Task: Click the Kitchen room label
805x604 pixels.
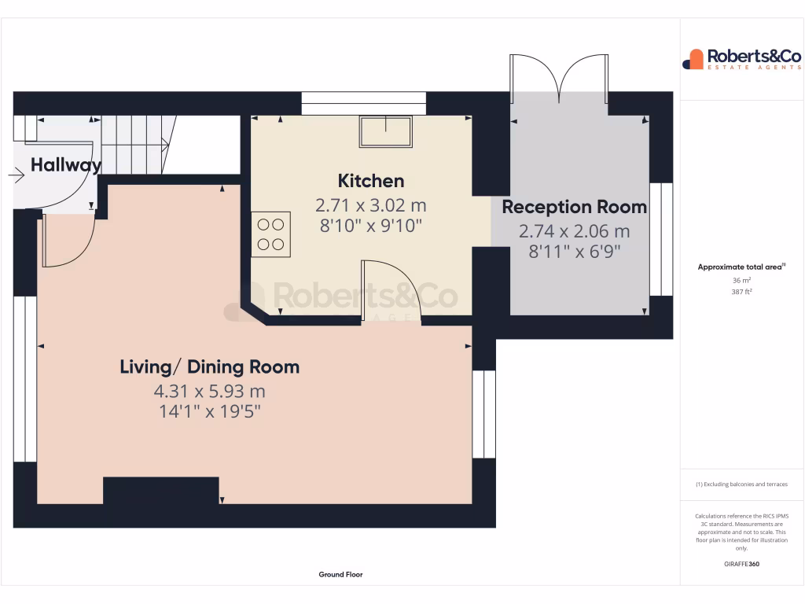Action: click(370, 181)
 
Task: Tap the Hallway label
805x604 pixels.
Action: click(66, 165)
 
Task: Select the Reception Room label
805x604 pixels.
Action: click(574, 208)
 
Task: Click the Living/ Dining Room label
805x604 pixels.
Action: click(209, 366)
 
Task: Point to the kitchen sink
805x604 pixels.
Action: click(386, 131)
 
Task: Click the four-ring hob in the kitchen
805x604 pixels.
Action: click(270, 234)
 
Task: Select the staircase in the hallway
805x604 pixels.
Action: click(135, 145)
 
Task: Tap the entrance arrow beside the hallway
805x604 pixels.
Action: click(17, 175)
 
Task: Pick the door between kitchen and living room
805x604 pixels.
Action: click(391, 291)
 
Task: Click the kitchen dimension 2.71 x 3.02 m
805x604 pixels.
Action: click(370, 206)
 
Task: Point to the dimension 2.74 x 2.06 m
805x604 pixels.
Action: click(574, 232)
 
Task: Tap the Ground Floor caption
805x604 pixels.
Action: click(340, 575)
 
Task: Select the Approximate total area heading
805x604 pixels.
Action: click(741, 267)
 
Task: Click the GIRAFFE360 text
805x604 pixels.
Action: click(741, 564)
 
